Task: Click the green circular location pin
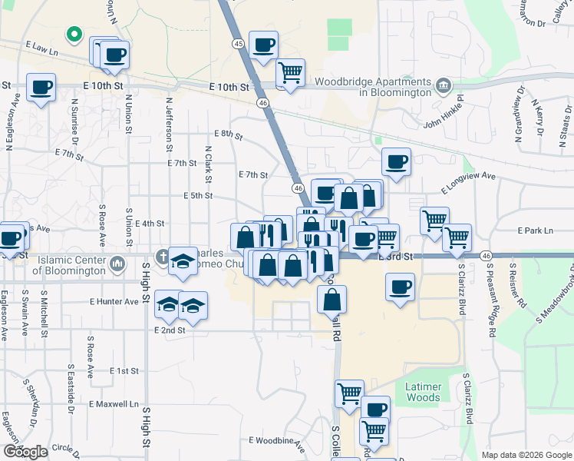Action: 74,34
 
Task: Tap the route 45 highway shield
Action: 239,45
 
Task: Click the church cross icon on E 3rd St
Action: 162,256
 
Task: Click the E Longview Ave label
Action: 469,182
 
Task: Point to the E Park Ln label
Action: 535,230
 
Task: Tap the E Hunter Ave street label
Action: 114,302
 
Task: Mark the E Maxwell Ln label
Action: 114,403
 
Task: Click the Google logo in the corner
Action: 25,452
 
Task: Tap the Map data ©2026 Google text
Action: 526,455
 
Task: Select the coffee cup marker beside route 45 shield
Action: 264,46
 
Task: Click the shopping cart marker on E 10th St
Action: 290,73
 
